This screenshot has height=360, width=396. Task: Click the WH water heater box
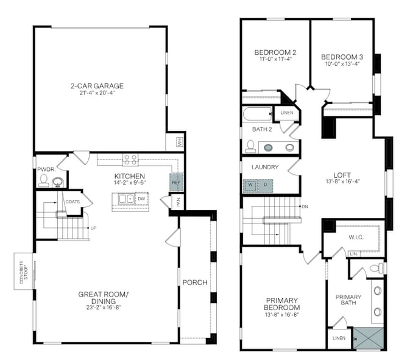pos(180,142)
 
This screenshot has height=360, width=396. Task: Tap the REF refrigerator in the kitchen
pos(176,182)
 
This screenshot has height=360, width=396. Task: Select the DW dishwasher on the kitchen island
pos(142,199)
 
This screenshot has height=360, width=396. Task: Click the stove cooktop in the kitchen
pos(130,160)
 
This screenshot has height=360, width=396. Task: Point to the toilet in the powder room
pos(44,180)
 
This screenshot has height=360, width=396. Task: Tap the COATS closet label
pos(72,202)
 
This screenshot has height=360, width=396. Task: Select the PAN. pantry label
pos(179,202)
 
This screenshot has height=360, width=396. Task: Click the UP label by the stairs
pos(93,228)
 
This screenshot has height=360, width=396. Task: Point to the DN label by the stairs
pos(305,206)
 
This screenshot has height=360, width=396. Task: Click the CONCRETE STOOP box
pos(23,272)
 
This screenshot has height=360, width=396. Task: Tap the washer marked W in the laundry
pos(250,186)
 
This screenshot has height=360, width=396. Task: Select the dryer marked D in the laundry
pos(266,186)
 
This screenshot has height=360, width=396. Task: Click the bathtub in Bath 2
pos(258,114)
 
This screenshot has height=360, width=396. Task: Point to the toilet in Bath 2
pos(250,146)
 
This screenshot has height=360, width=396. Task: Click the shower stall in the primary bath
pos(368,338)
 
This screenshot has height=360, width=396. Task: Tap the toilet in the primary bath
pos(377,268)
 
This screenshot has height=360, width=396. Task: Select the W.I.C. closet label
pos(356,238)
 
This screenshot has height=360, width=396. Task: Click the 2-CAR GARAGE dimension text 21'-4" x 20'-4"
pos(97,93)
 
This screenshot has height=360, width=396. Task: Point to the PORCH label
pos(195,283)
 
